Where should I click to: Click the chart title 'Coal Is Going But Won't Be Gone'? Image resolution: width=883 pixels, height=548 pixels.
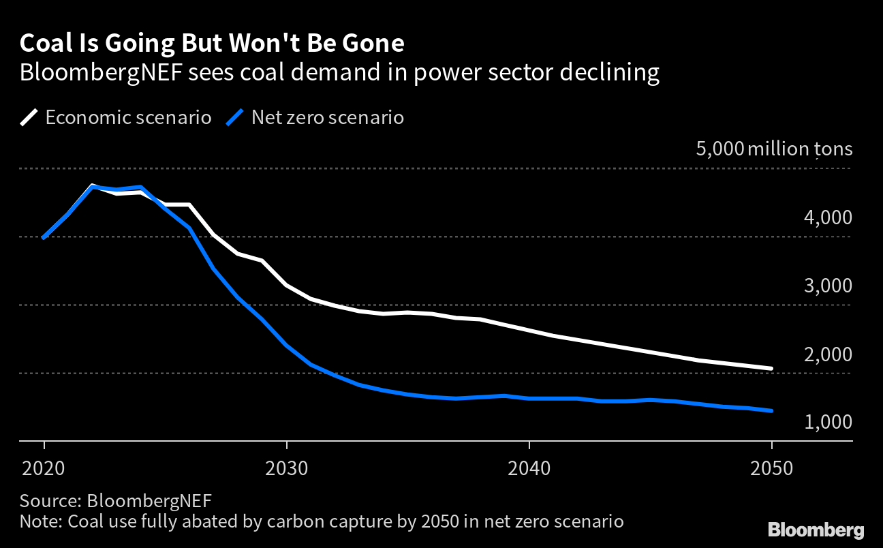(x=212, y=44)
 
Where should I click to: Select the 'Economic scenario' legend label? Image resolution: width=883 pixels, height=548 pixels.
(x=128, y=117)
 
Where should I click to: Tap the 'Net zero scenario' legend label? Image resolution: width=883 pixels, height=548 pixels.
(x=327, y=117)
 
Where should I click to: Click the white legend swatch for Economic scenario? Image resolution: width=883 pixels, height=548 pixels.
(x=30, y=117)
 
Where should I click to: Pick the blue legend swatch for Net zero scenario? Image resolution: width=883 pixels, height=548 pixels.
(x=236, y=117)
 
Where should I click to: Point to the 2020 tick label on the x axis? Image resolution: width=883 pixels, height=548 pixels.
(x=44, y=468)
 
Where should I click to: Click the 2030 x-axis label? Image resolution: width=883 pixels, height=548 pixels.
(x=287, y=468)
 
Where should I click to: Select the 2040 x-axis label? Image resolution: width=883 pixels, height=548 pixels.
(x=529, y=468)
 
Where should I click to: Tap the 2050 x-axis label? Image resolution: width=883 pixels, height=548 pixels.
(x=772, y=468)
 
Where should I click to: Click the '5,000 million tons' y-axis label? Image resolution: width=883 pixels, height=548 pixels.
(x=774, y=149)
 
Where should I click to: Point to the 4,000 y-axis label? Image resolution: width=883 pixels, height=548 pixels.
(x=827, y=217)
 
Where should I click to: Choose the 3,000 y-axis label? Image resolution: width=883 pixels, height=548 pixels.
(x=827, y=286)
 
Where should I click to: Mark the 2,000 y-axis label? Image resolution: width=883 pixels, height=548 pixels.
(x=827, y=354)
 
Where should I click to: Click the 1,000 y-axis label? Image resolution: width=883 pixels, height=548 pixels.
(x=827, y=423)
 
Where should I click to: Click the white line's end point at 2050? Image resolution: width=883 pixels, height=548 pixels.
(x=771, y=369)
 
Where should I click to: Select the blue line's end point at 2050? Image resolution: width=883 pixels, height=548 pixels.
(x=771, y=411)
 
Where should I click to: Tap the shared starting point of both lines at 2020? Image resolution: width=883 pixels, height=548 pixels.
(x=44, y=238)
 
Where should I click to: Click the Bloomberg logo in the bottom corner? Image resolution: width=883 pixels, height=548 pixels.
(x=816, y=530)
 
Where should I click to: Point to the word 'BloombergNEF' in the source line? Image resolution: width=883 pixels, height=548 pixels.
(x=149, y=500)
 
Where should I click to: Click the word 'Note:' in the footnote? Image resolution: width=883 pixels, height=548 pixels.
(x=40, y=522)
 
